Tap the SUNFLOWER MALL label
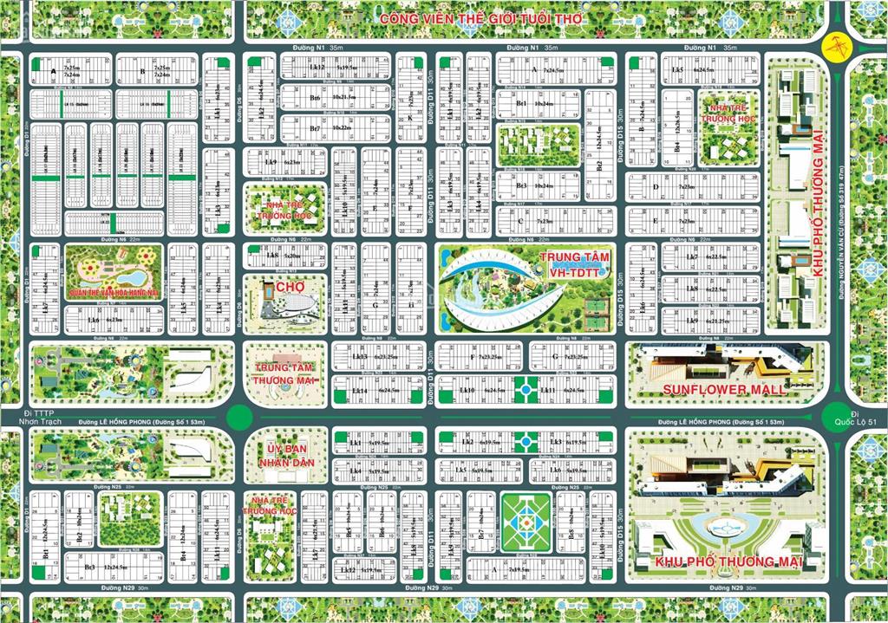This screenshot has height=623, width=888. point(724,389)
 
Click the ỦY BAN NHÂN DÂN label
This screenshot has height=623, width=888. point(285,457)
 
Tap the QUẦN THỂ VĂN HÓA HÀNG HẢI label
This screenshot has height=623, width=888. point(114,292)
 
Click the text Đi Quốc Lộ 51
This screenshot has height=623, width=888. point(864,417)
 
